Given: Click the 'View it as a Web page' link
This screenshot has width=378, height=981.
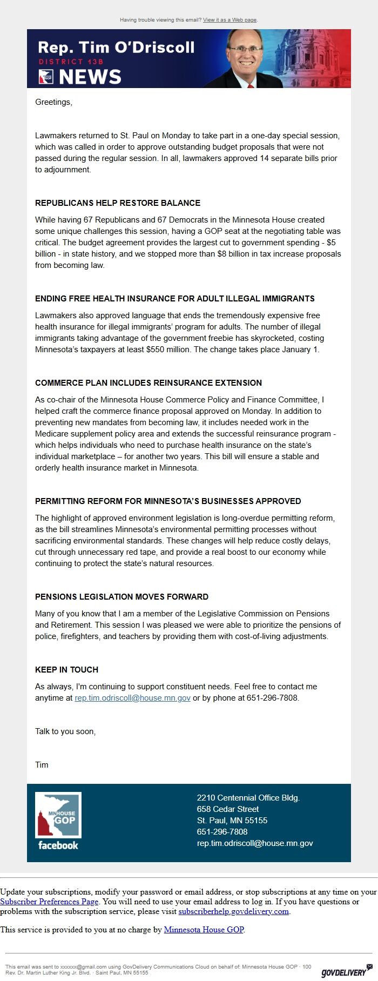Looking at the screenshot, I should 230,20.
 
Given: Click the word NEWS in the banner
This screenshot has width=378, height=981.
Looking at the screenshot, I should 90,77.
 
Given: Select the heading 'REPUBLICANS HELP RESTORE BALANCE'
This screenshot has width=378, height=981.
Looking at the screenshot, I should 118,203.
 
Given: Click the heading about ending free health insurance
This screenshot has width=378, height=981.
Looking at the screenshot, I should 175,299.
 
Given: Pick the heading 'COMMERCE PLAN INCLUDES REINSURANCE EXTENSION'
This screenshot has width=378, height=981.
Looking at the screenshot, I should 148,383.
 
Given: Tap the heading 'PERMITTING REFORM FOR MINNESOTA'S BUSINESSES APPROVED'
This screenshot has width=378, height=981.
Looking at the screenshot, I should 168,501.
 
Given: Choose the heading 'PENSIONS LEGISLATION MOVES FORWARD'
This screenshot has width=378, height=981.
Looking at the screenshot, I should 122,597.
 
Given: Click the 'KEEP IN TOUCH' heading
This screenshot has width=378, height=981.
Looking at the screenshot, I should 66,670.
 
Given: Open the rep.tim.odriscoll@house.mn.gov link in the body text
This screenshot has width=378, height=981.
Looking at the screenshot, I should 132,698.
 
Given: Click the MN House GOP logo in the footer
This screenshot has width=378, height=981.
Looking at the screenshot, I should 58,815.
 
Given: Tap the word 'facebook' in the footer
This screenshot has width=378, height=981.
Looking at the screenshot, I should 58,845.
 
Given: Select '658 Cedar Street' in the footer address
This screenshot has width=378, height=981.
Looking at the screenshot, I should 227,809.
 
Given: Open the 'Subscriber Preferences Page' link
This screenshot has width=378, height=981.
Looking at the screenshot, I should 49,902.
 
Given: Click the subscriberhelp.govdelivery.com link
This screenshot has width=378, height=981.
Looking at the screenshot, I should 234,911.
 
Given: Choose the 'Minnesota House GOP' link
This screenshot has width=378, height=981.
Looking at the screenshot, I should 204,930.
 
